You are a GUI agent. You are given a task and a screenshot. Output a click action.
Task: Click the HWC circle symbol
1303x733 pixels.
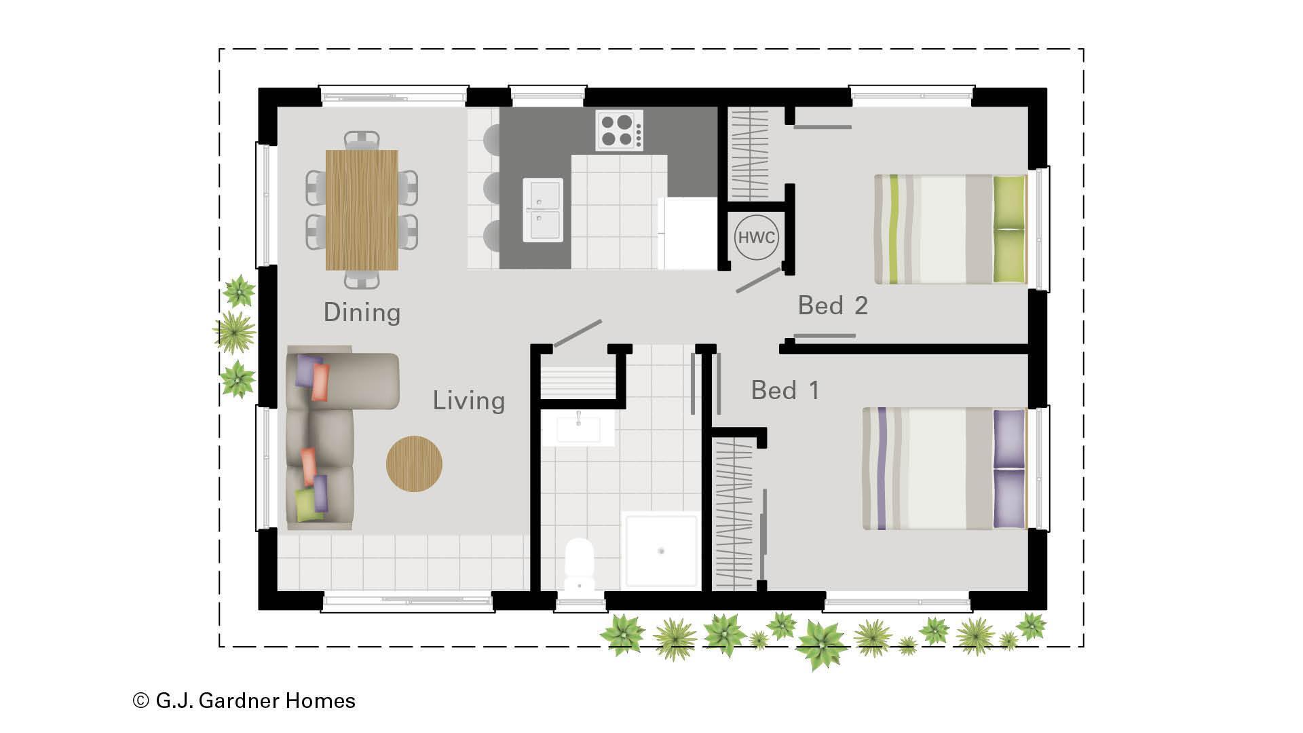tap(756, 238)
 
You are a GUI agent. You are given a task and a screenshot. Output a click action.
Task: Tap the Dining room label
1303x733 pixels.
tap(362, 312)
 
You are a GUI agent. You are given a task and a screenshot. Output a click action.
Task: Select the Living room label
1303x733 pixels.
tap(469, 401)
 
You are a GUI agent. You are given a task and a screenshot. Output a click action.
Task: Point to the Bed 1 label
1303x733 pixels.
tap(785, 390)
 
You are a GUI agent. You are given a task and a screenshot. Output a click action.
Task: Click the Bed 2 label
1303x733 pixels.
tap(833, 305)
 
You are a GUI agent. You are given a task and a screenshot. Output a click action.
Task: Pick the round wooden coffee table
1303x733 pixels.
tap(414, 464)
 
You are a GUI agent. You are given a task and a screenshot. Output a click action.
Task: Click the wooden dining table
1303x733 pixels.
tap(362, 210)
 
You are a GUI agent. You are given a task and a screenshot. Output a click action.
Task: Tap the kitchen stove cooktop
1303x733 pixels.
tap(620, 130)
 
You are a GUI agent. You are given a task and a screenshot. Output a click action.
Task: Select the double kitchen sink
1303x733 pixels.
tap(543, 210)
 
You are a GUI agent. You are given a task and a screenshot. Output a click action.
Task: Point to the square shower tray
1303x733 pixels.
tap(661, 550)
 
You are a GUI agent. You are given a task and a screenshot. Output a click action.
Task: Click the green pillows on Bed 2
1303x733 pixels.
tap(1010, 229)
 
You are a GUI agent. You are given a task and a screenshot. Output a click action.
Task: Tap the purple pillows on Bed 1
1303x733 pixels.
tap(1009, 468)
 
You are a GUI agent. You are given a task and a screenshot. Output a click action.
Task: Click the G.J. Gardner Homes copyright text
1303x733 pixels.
tap(244, 700)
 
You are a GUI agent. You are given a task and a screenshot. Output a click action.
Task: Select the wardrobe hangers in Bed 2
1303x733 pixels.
tap(748, 155)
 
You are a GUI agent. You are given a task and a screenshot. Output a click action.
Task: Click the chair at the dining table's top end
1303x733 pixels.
tap(362, 140)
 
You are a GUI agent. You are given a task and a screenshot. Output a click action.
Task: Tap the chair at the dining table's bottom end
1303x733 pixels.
tap(362, 279)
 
